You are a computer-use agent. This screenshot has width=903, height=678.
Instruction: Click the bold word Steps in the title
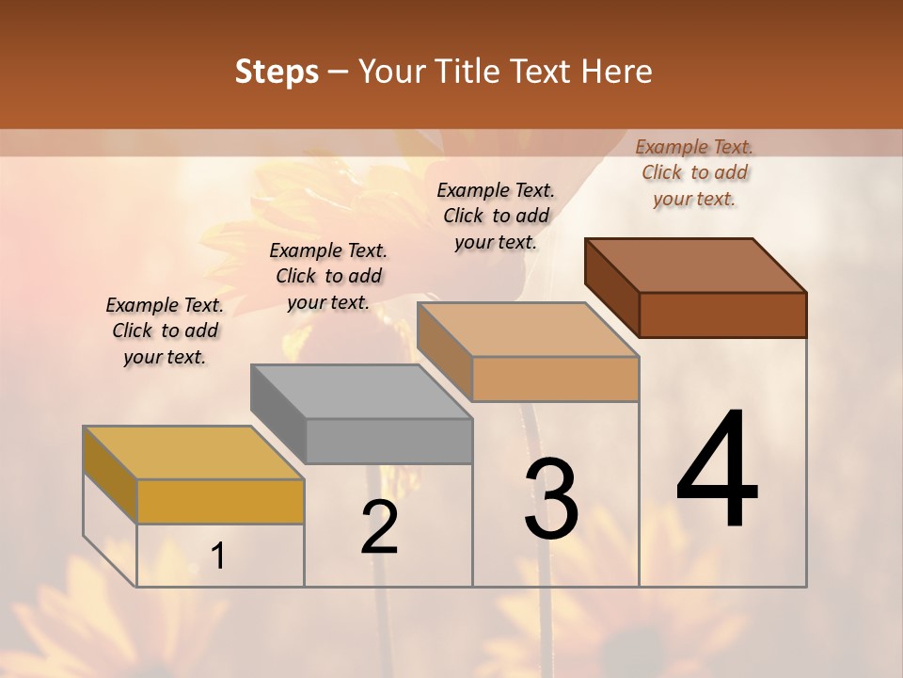coord(277,72)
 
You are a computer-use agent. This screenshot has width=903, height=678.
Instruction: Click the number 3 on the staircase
coord(551,499)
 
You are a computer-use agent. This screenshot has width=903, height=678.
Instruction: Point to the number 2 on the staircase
coord(380,528)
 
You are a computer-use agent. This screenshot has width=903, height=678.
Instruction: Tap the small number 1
coord(218,557)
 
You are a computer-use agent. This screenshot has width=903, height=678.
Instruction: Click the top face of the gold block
coord(193,452)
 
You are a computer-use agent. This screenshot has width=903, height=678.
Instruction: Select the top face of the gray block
coord(360,391)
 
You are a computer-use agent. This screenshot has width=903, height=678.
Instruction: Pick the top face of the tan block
coord(528,330)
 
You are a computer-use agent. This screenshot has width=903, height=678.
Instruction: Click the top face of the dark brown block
coord(695,265)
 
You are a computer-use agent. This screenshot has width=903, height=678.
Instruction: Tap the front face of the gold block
coord(220,501)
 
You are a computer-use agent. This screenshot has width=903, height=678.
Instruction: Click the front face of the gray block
coord(388,441)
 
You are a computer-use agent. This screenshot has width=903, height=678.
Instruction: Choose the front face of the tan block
coord(555,379)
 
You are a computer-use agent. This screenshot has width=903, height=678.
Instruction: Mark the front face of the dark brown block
coord(722,315)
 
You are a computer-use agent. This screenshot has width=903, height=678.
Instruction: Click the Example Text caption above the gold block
coord(165,331)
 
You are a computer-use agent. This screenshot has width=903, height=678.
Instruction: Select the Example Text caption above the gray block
coord(328,276)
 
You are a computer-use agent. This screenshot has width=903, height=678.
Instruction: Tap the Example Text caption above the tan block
coord(496,216)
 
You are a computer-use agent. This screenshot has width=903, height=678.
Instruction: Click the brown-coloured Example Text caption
coord(694,172)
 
